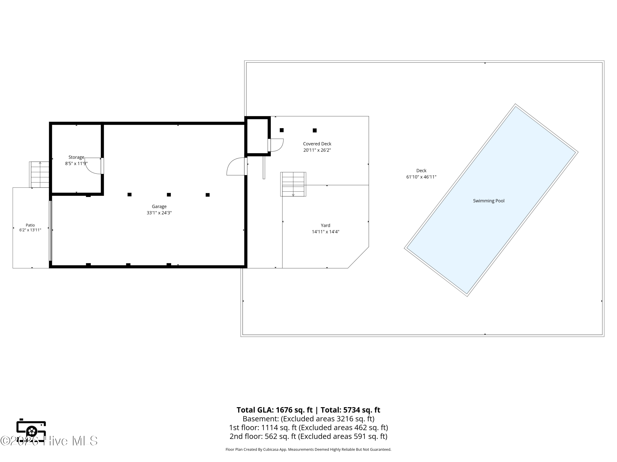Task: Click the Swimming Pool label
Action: [x=489, y=201]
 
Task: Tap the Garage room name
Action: [x=159, y=206]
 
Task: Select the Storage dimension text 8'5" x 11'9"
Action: [x=76, y=163]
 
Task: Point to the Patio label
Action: [x=30, y=225]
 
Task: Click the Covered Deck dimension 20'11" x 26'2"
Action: [x=317, y=150]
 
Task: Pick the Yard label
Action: [x=326, y=225]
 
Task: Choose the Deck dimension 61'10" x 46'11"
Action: [x=421, y=177]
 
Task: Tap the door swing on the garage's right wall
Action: [x=236, y=166]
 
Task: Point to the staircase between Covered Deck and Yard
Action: [x=293, y=184]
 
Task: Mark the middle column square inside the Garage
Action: [x=169, y=195]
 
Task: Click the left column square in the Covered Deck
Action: [x=282, y=130]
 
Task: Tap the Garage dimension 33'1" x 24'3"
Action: [x=159, y=213]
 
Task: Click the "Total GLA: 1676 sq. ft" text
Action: [x=275, y=410]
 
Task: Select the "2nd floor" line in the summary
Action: [x=308, y=436]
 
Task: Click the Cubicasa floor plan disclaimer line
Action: [x=308, y=449]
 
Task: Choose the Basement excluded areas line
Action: [x=308, y=419]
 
